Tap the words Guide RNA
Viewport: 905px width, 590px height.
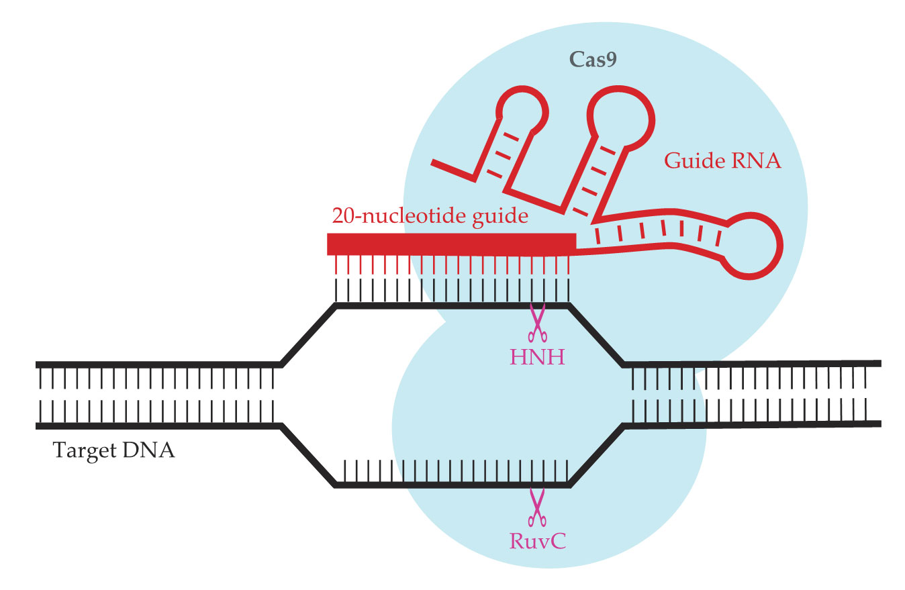pyautogui.click(x=722, y=161)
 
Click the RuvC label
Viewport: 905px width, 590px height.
pyautogui.click(x=536, y=540)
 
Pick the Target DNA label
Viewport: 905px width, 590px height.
pyautogui.click(x=114, y=450)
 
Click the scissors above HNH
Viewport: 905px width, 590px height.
pyautogui.click(x=536, y=323)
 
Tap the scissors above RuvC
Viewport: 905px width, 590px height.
pyautogui.click(x=536, y=507)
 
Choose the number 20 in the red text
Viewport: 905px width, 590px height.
pyautogui.click(x=342, y=217)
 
